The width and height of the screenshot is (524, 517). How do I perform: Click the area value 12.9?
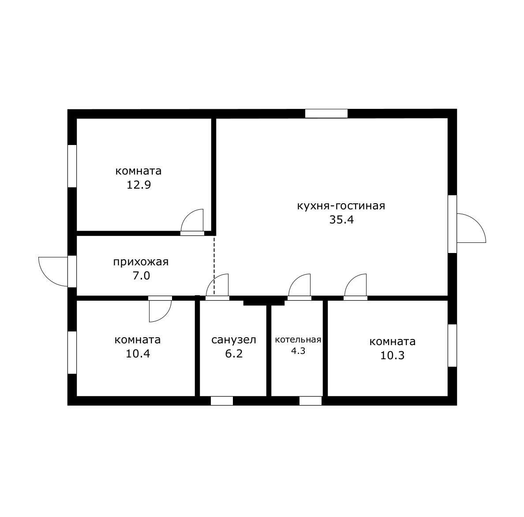138,185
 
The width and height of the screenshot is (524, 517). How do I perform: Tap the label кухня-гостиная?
341,205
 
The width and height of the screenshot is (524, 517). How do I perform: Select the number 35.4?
341,220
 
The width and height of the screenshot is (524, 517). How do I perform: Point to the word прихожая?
141,262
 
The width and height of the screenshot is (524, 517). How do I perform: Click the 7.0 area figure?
141,276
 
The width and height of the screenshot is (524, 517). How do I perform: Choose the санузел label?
234,340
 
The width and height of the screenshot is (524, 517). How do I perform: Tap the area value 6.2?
234,353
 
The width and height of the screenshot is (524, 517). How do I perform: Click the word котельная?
298,340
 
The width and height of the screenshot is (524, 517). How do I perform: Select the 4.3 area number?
298,351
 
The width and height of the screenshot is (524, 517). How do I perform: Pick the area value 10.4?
138,353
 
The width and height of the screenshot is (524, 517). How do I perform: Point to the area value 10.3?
392,355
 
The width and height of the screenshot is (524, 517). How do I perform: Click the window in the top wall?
326,114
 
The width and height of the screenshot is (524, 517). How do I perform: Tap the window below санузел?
222,401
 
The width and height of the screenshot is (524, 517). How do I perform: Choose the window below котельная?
311,401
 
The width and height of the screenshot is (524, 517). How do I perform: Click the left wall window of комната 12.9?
72,166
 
